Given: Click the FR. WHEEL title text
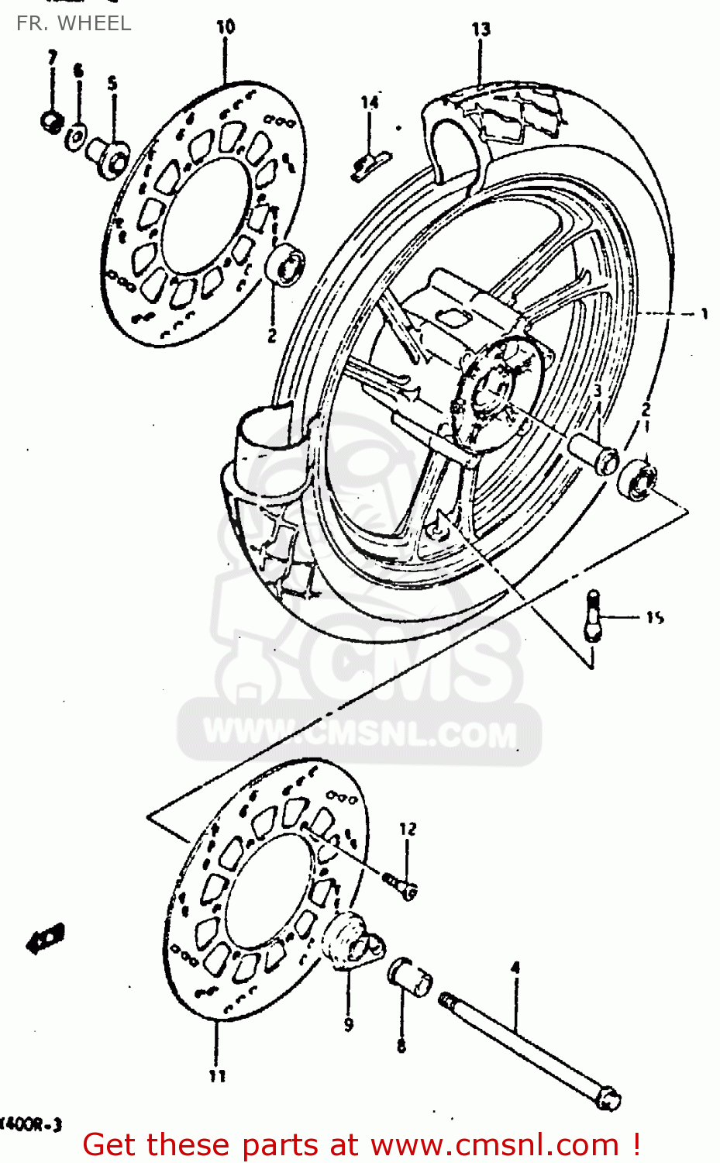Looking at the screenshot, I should [x=74, y=23].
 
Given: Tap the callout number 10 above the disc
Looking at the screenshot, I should [x=226, y=27].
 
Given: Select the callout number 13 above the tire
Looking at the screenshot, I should [x=481, y=29].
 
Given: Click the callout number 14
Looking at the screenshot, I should [x=370, y=102].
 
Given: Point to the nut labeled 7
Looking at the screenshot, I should [x=52, y=121].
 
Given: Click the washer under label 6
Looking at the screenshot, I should [x=77, y=136].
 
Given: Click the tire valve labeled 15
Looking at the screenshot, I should [x=593, y=617].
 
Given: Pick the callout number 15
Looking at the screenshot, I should [x=655, y=618].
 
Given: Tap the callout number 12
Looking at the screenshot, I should [x=408, y=829].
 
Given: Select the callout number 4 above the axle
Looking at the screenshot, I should [x=515, y=968].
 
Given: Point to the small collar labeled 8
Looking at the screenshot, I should [x=409, y=977].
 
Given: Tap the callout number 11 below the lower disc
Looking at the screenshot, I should [x=217, y=1075].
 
